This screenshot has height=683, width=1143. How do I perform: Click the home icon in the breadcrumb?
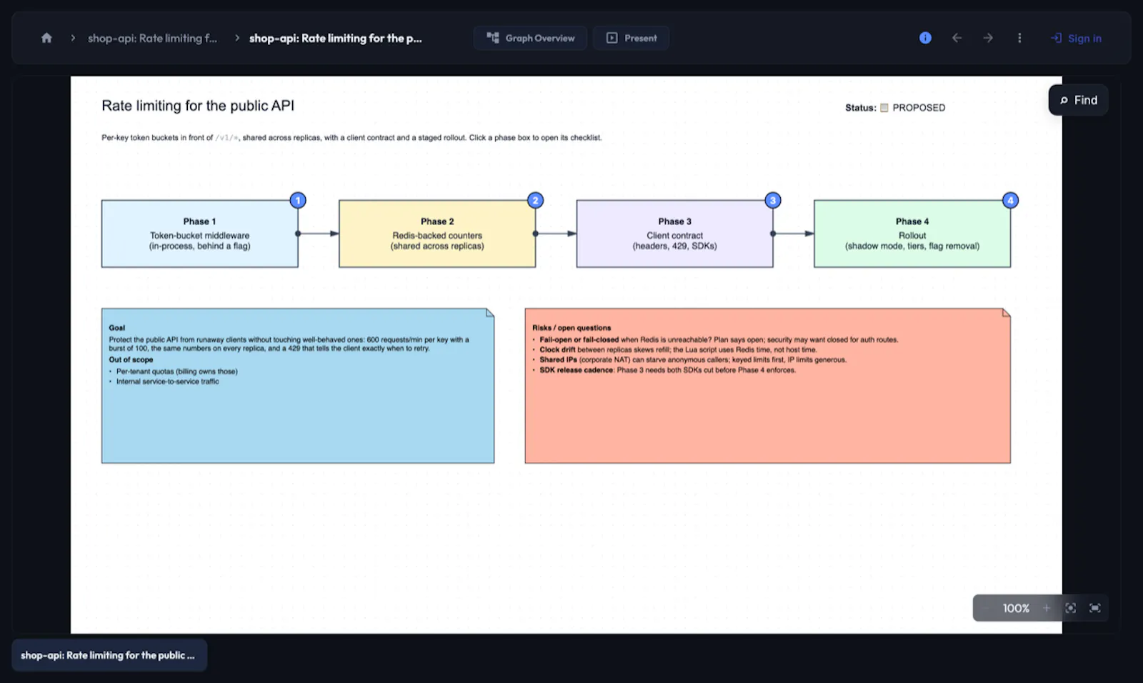click(46, 38)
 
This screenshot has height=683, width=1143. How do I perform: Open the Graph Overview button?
click(530, 38)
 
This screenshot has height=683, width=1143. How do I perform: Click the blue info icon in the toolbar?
click(925, 38)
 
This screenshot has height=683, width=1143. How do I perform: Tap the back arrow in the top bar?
click(957, 38)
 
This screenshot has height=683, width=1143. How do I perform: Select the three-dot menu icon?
click(1019, 38)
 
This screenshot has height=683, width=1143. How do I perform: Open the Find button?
click(1078, 100)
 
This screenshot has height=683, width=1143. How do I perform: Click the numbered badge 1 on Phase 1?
click(298, 200)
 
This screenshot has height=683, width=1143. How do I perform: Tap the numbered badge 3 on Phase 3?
click(773, 200)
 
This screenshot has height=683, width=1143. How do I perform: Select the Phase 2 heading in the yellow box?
click(437, 221)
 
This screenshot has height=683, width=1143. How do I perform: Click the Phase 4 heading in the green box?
click(912, 221)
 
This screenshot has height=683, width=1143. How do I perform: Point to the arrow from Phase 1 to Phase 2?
click(319, 234)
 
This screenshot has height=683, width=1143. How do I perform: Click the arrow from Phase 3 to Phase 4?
click(794, 234)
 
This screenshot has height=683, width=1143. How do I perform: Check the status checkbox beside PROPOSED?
click(884, 108)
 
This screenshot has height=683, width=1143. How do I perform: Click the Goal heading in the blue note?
click(117, 328)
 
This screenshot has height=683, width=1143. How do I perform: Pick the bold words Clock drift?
click(557, 349)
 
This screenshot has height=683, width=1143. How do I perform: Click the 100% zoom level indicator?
click(1016, 608)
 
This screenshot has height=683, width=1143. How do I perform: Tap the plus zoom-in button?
click(1047, 608)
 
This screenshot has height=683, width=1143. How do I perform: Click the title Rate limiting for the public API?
click(198, 106)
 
